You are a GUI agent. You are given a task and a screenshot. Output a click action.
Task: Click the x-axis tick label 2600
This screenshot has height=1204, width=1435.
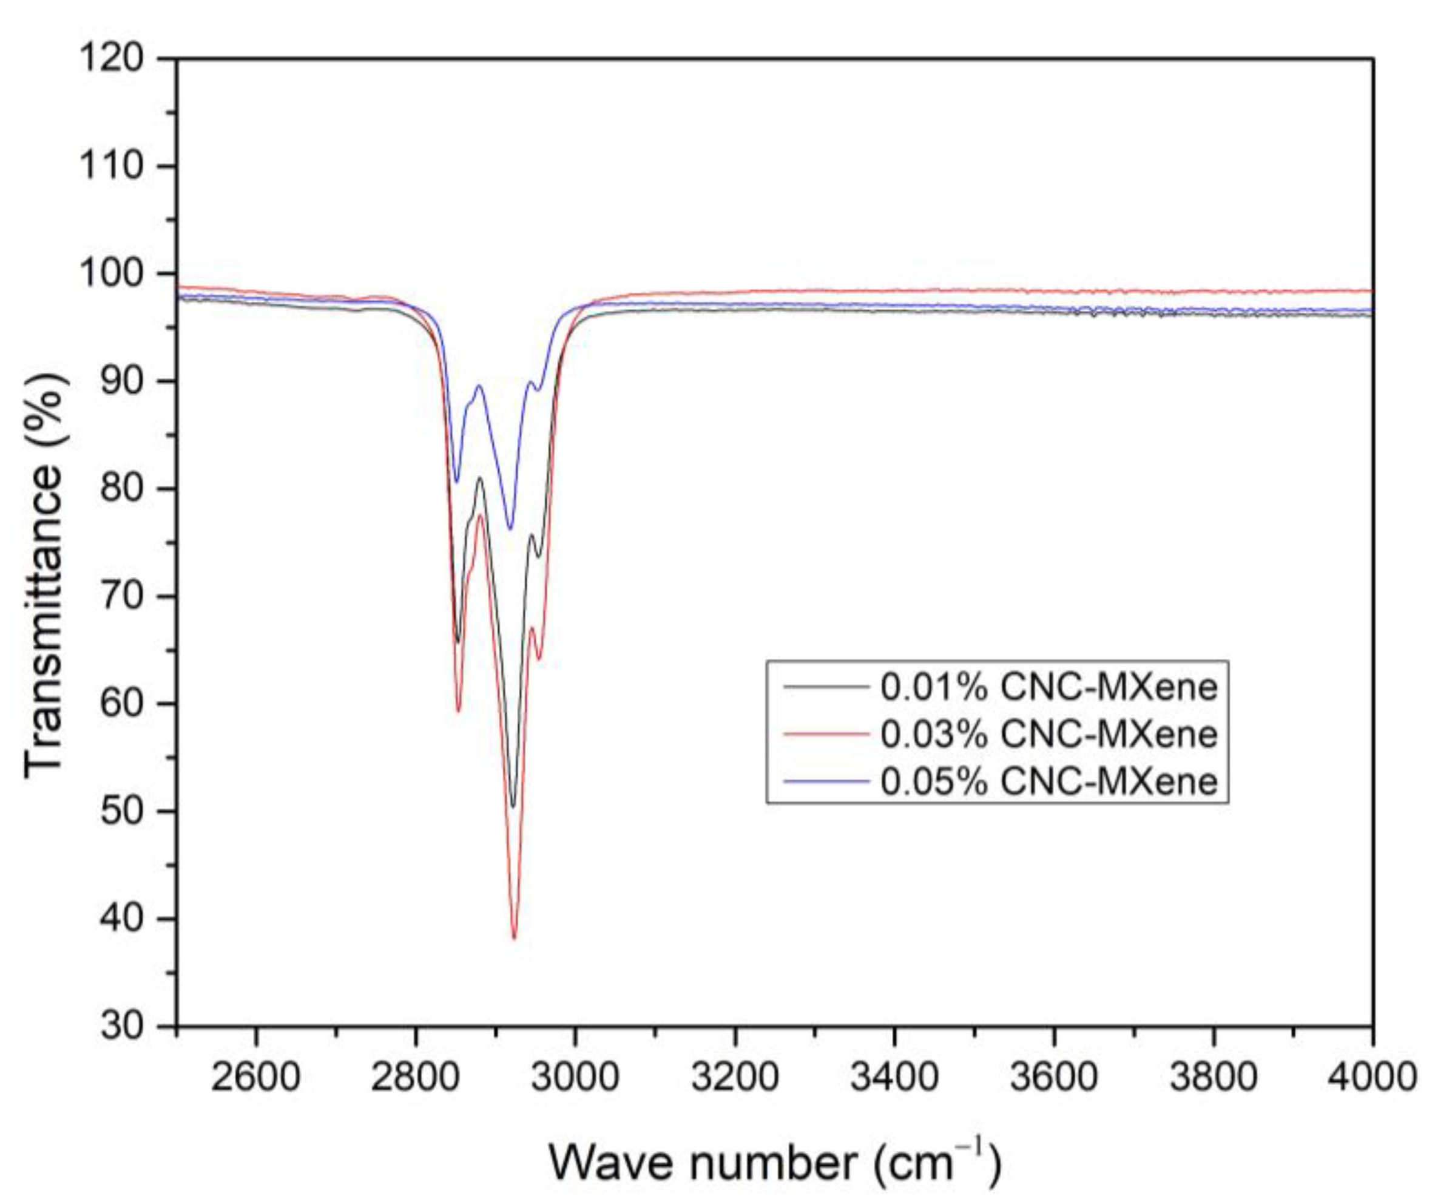(x=256, y=1078)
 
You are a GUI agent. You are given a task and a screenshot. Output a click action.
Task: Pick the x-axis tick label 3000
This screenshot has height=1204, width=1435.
(x=575, y=1078)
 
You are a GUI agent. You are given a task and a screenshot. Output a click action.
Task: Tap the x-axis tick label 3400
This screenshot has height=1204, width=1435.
(x=894, y=1078)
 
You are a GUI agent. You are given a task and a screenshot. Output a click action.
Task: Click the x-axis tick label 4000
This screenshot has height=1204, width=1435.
(x=1372, y=1078)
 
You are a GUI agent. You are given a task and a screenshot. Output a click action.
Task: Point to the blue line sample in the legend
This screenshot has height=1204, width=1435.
(x=825, y=780)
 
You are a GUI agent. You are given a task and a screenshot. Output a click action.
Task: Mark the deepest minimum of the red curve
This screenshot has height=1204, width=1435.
(x=515, y=938)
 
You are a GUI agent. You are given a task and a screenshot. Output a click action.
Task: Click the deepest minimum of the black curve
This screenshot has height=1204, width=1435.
(x=513, y=807)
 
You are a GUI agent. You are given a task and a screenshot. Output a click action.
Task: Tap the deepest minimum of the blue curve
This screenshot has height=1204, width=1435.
(x=510, y=528)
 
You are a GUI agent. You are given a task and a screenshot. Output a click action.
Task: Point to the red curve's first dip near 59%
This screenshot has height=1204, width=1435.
(x=459, y=711)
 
